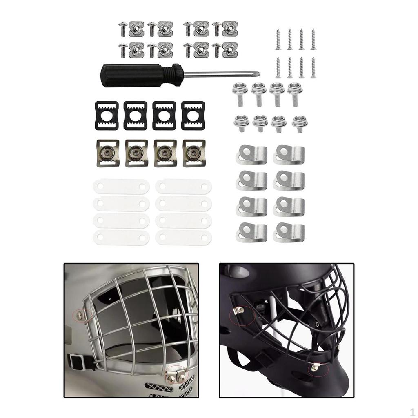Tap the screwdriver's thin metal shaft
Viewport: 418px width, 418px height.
click(220, 74)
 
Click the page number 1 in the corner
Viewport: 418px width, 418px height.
click(412, 411)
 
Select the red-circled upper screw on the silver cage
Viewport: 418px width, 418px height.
click(80, 315)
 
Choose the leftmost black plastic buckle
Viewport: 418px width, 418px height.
click(107, 116)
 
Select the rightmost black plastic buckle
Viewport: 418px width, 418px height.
click(193, 116)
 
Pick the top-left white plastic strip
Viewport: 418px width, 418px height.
click(121, 187)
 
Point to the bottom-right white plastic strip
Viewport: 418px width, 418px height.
click(183, 237)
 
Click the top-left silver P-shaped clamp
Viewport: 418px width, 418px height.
click(251, 154)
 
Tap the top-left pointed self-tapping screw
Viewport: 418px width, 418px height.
click(278, 39)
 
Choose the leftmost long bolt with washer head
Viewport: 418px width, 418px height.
click(238, 93)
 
